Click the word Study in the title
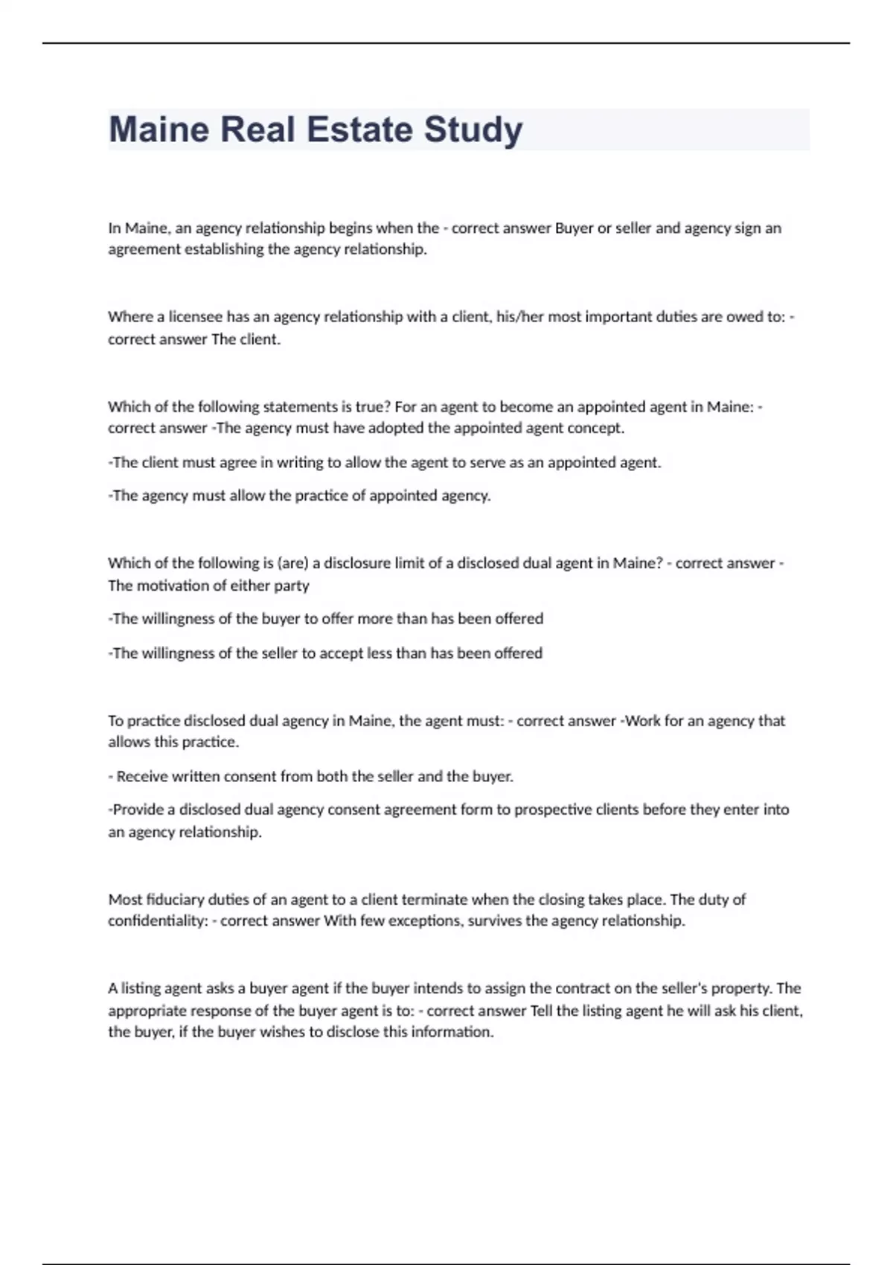pos(473,130)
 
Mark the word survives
pos(494,921)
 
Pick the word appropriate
pos(147,1011)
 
